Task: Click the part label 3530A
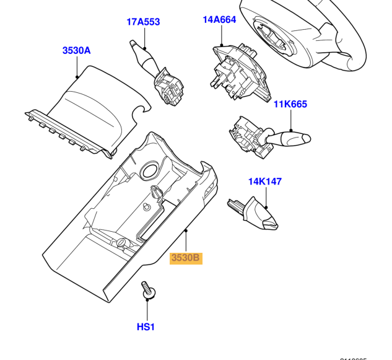coord(76,50)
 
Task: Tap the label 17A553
coord(143,22)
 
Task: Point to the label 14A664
coord(219,20)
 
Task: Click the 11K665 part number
coord(290,105)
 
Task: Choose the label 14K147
coord(264,182)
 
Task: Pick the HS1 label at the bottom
coord(146,327)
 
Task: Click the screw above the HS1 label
coord(147,291)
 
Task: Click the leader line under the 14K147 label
coord(266,196)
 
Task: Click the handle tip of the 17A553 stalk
coord(134,43)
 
